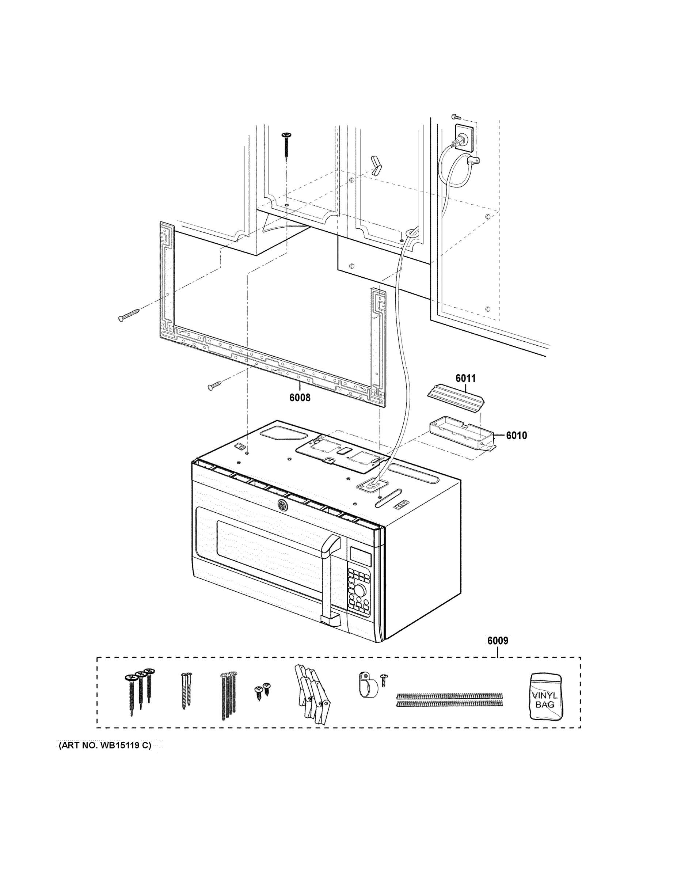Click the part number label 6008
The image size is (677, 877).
click(300, 398)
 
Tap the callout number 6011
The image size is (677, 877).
click(465, 378)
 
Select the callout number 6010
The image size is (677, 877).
click(516, 435)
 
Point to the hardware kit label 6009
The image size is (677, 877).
click(498, 641)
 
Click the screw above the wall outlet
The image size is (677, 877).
click(455, 117)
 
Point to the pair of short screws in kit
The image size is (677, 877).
click(262, 690)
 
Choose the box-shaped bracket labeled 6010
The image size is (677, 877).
click(462, 435)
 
